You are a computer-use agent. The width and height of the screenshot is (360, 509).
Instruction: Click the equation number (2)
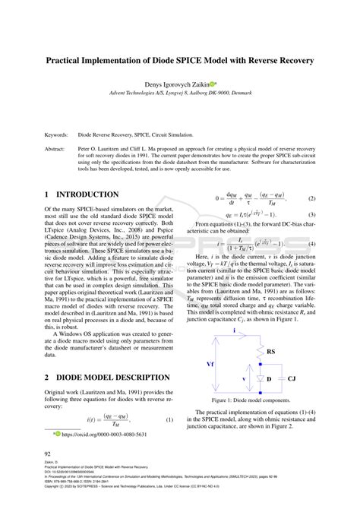click(311, 198)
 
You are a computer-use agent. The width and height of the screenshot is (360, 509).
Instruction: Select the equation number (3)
click(311, 215)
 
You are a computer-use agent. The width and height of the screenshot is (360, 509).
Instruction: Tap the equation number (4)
click(311, 244)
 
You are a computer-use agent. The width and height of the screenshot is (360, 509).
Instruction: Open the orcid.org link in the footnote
click(104, 435)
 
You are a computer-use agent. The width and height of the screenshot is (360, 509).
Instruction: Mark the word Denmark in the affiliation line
click(263, 94)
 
